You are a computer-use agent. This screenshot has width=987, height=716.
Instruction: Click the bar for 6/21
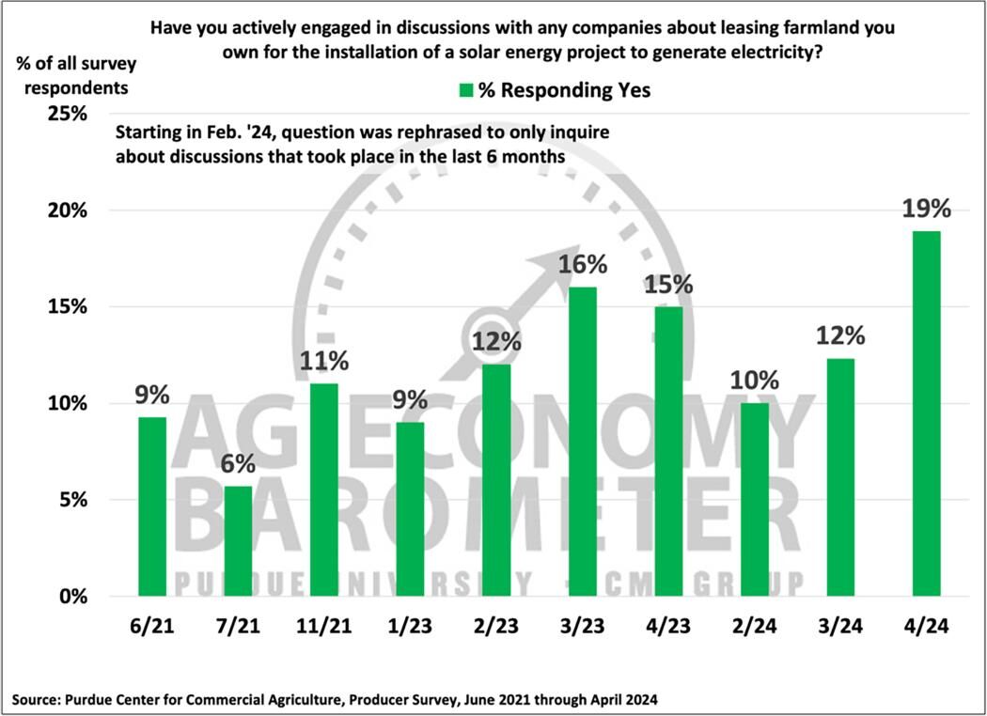(152, 506)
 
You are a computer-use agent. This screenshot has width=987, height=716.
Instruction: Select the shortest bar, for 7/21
(237, 540)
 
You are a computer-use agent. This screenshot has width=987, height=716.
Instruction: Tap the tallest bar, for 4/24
(926, 413)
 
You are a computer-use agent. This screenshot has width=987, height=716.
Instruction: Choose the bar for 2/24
(754, 500)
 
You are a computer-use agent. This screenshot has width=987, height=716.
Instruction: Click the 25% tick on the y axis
(67, 114)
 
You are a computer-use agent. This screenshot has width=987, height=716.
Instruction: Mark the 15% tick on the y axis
(67, 307)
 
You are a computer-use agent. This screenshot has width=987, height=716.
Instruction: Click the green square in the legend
(464, 90)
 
